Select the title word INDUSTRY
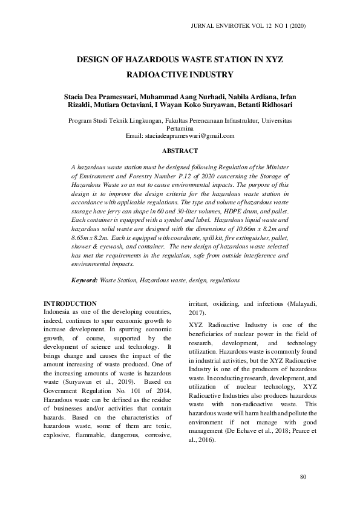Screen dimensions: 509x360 coord(206,76)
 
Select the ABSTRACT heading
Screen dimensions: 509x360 coord(180,150)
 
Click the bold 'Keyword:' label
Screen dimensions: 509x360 coord(85,280)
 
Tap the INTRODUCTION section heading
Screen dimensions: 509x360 coord(70,303)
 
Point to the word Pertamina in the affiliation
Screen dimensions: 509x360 coord(180,129)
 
